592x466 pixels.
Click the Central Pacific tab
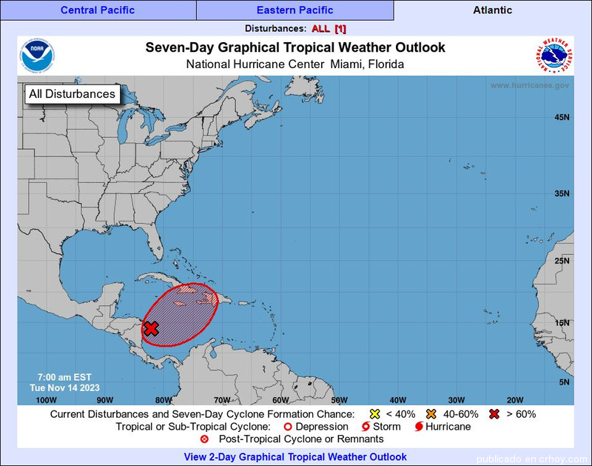pos(98,10)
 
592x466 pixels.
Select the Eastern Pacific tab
pos(295,10)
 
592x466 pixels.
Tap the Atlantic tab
pos(492,10)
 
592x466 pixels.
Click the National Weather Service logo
pos(552,56)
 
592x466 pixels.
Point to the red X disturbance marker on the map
pos(152,328)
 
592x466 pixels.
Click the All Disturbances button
pos(72,94)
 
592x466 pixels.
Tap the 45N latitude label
pos(562,118)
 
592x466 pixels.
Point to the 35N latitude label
pos(562,193)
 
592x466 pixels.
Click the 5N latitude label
pos(564,382)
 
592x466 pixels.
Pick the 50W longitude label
pos(339,399)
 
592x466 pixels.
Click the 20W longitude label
pos(515,399)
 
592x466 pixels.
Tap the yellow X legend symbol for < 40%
pos(374,413)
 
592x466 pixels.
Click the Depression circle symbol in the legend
pos(288,427)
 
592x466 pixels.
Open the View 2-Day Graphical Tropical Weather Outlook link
pos(295,456)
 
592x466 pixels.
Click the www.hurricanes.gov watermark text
pos(529,85)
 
